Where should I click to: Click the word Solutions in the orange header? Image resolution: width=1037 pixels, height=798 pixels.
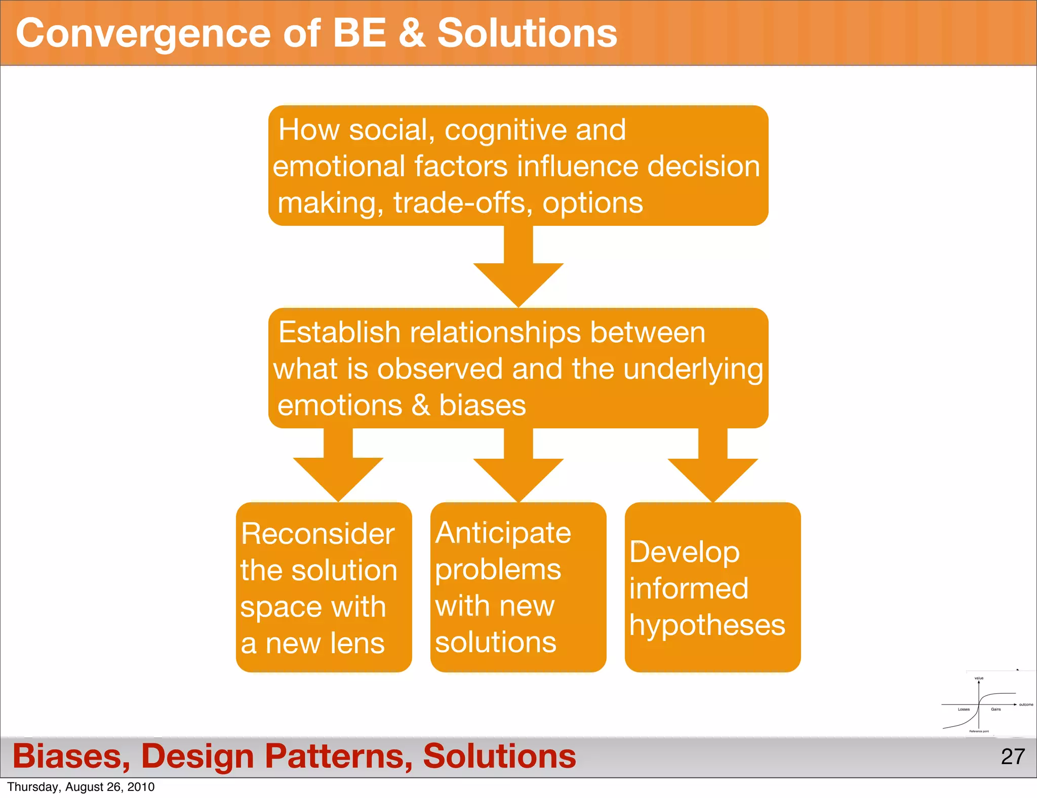(527, 33)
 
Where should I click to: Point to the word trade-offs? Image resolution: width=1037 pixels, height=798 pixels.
(463, 204)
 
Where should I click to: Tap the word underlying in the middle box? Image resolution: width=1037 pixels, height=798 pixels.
(693, 370)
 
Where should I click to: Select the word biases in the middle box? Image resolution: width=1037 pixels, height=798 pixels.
(482, 406)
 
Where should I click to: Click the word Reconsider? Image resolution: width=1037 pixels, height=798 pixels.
(317, 534)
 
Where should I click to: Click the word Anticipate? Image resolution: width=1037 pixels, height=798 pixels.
(503, 533)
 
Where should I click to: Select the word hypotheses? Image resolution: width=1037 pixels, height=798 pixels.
(707, 625)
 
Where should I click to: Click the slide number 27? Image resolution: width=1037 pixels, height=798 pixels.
(1012, 756)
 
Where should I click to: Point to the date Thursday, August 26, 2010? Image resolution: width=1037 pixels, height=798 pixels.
(81, 787)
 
